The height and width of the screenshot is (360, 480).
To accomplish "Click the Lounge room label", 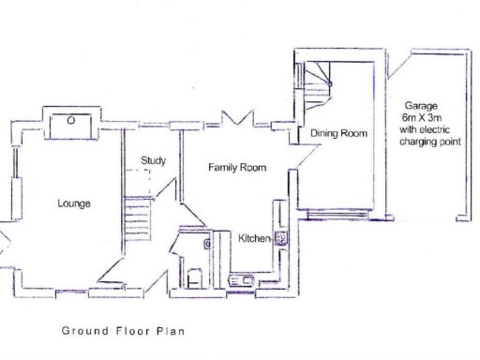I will pyautogui.click(x=73, y=202).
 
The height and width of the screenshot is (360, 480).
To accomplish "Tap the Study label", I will pyautogui.click(x=154, y=160).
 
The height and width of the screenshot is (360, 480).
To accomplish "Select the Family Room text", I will pyautogui.click(x=236, y=168).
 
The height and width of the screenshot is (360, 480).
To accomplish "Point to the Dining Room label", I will pyautogui.click(x=338, y=134).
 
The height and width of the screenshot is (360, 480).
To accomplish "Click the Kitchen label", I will pyautogui.click(x=254, y=238).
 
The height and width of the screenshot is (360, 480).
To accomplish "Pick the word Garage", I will pyautogui.click(x=420, y=106).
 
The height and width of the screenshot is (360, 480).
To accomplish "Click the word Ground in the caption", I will pyautogui.click(x=82, y=331).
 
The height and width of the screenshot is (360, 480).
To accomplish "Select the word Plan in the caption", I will pyautogui.click(x=172, y=331).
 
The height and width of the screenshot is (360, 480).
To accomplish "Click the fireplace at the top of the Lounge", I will pyautogui.click(x=71, y=124).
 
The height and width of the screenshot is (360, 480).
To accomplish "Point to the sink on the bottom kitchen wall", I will pyautogui.click(x=242, y=278).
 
